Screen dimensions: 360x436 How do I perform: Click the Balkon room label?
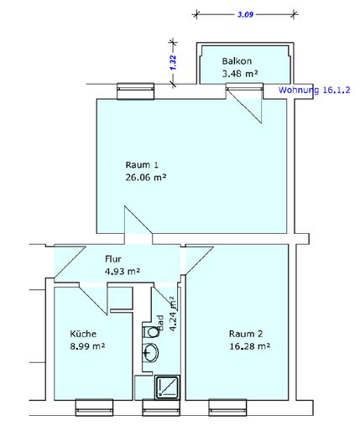tap(237, 61)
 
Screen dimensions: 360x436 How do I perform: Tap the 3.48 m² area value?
tap(240, 74)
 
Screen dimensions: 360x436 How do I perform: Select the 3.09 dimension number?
tap(245, 14)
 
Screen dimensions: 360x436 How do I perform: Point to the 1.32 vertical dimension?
tap(173, 63)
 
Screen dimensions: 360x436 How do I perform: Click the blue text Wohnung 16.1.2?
tap(314, 90)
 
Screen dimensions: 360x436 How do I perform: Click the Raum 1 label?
tap(142, 164)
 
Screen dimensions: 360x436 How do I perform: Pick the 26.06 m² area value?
tap(146, 177)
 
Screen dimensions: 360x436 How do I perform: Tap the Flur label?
tap(113, 259)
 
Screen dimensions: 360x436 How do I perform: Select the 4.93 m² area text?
tap(123, 271)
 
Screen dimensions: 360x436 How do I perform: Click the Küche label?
tap(83, 334)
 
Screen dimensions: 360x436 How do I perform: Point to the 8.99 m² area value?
tap(87, 346)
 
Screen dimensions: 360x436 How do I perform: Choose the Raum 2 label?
tap(246, 334)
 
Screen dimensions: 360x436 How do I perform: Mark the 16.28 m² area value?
tap(249, 346)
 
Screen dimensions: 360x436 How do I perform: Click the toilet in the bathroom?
tap(151, 332)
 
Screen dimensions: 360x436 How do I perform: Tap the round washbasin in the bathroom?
tap(150, 352)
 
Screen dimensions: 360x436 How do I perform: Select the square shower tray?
tap(167, 387)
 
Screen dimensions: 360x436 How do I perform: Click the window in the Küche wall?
tap(94, 407)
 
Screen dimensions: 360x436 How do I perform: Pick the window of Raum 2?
tap(227, 407)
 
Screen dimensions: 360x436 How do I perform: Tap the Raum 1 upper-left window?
tap(135, 91)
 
